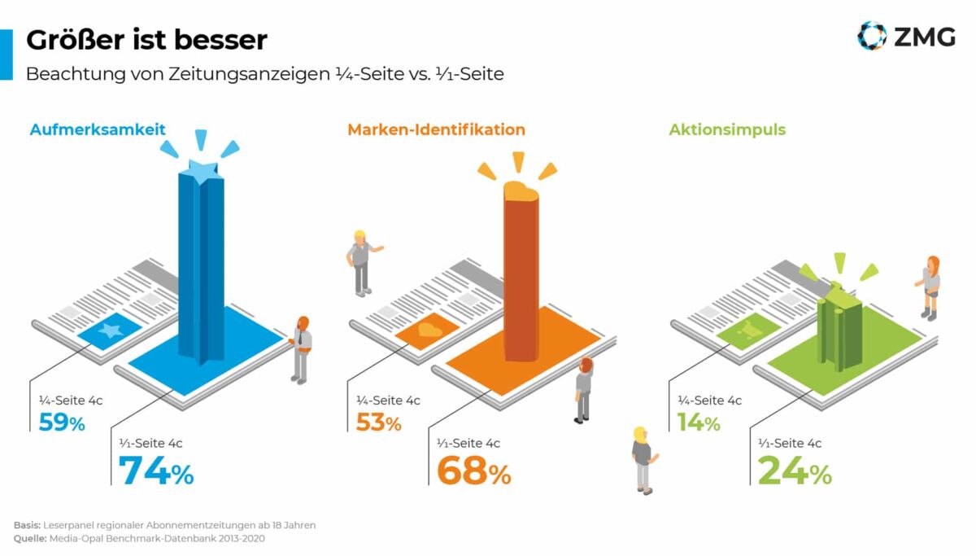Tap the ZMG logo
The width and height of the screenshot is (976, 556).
point(906,36)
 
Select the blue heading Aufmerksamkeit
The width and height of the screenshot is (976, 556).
point(98,129)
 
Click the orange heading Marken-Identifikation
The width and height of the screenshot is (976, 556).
point(436,129)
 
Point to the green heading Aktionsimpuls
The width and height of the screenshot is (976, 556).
point(727,129)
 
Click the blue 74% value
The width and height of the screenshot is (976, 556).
point(156,471)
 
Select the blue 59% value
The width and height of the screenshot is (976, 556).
point(62,423)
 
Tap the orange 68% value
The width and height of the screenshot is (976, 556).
point(473,471)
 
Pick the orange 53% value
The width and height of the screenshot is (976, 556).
point(378,423)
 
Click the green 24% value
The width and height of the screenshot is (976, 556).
point(794,471)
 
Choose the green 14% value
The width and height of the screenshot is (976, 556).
point(699,423)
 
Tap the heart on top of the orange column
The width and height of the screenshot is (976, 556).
point(521,192)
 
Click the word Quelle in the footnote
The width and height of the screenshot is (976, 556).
point(29,539)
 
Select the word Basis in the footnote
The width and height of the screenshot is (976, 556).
point(27,525)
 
